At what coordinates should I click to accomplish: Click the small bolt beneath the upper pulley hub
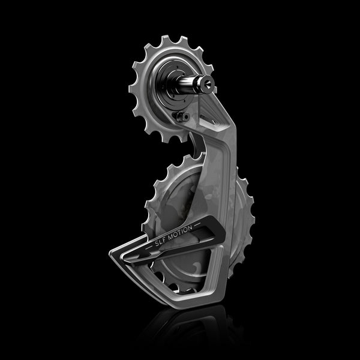[183, 116]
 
